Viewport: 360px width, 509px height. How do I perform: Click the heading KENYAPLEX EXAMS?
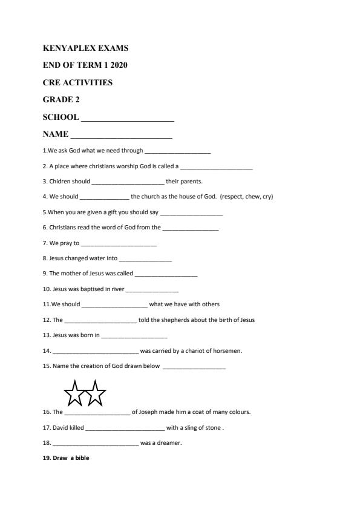tap(85, 48)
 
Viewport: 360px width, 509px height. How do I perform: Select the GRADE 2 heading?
tap(62, 99)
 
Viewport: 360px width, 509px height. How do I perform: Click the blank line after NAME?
tap(121, 136)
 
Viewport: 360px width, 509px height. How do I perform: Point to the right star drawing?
tap(95, 393)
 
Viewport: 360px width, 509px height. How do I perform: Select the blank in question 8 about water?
tap(146, 259)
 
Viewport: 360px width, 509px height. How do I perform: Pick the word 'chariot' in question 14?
tap(190, 350)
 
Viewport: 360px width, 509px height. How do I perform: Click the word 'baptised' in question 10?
tap(80, 289)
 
